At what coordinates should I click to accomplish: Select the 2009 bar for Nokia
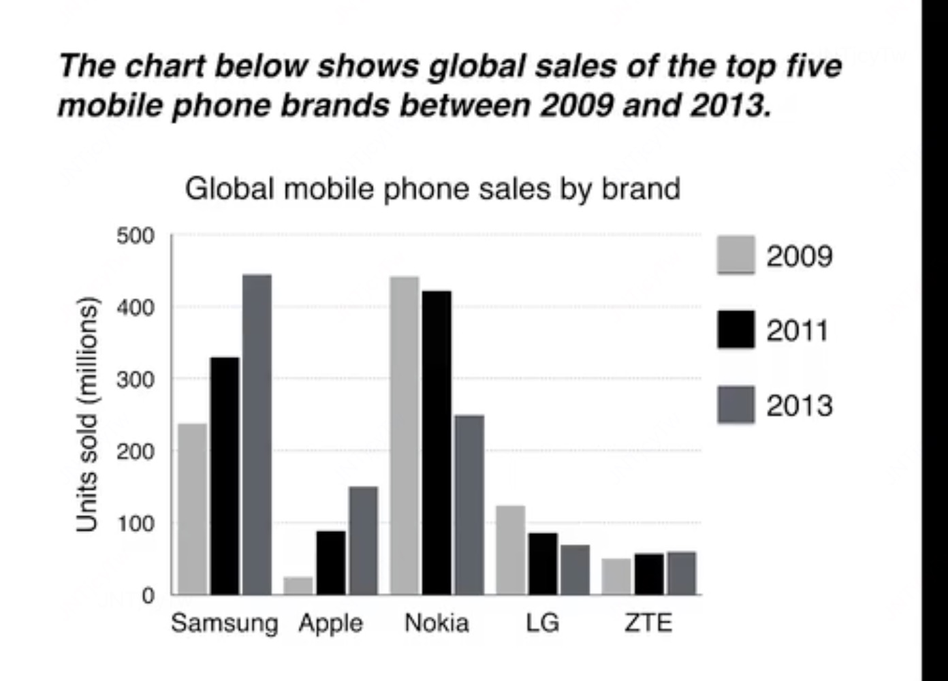pyautogui.click(x=405, y=435)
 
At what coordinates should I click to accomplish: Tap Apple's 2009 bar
pyautogui.click(x=298, y=586)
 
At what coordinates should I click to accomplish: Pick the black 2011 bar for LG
pyautogui.click(x=543, y=564)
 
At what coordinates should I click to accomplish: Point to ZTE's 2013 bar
pyautogui.click(x=681, y=573)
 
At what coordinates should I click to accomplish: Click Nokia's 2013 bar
pyautogui.click(x=469, y=505)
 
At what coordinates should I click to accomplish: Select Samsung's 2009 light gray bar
pyautogui.click(x=192, y=509)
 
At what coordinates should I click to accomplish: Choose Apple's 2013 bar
pyautogui.click(x=363, y=540)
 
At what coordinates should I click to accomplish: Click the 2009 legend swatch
pyautogui.click(x=736, y=255)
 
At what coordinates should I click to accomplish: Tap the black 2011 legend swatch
pyautogui.click(x=736, y=330)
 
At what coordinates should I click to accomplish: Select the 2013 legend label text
pyautogui.click(x=799, y=405)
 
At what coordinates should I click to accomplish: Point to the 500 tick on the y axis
pyautogui.click(x=136, y=236)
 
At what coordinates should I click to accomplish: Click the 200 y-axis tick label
pyautogui.click(x=136, y=452)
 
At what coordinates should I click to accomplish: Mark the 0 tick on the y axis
pyautogui.click(x=148, y=595)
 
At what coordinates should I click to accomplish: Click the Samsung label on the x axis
pyautogui.click(x=224, y=623)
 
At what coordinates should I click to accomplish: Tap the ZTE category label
pyautogui.click(x=648, y=622)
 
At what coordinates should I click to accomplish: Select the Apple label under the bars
pyautogui.click(x=331, y=623)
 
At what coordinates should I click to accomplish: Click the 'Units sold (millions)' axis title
pyautogui.click(x=86, y=415)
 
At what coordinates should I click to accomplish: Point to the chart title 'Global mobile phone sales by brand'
pyautogui.click(x=432, y=189)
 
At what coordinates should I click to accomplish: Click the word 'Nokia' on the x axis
pyautogui.click(x=437, y=622)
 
